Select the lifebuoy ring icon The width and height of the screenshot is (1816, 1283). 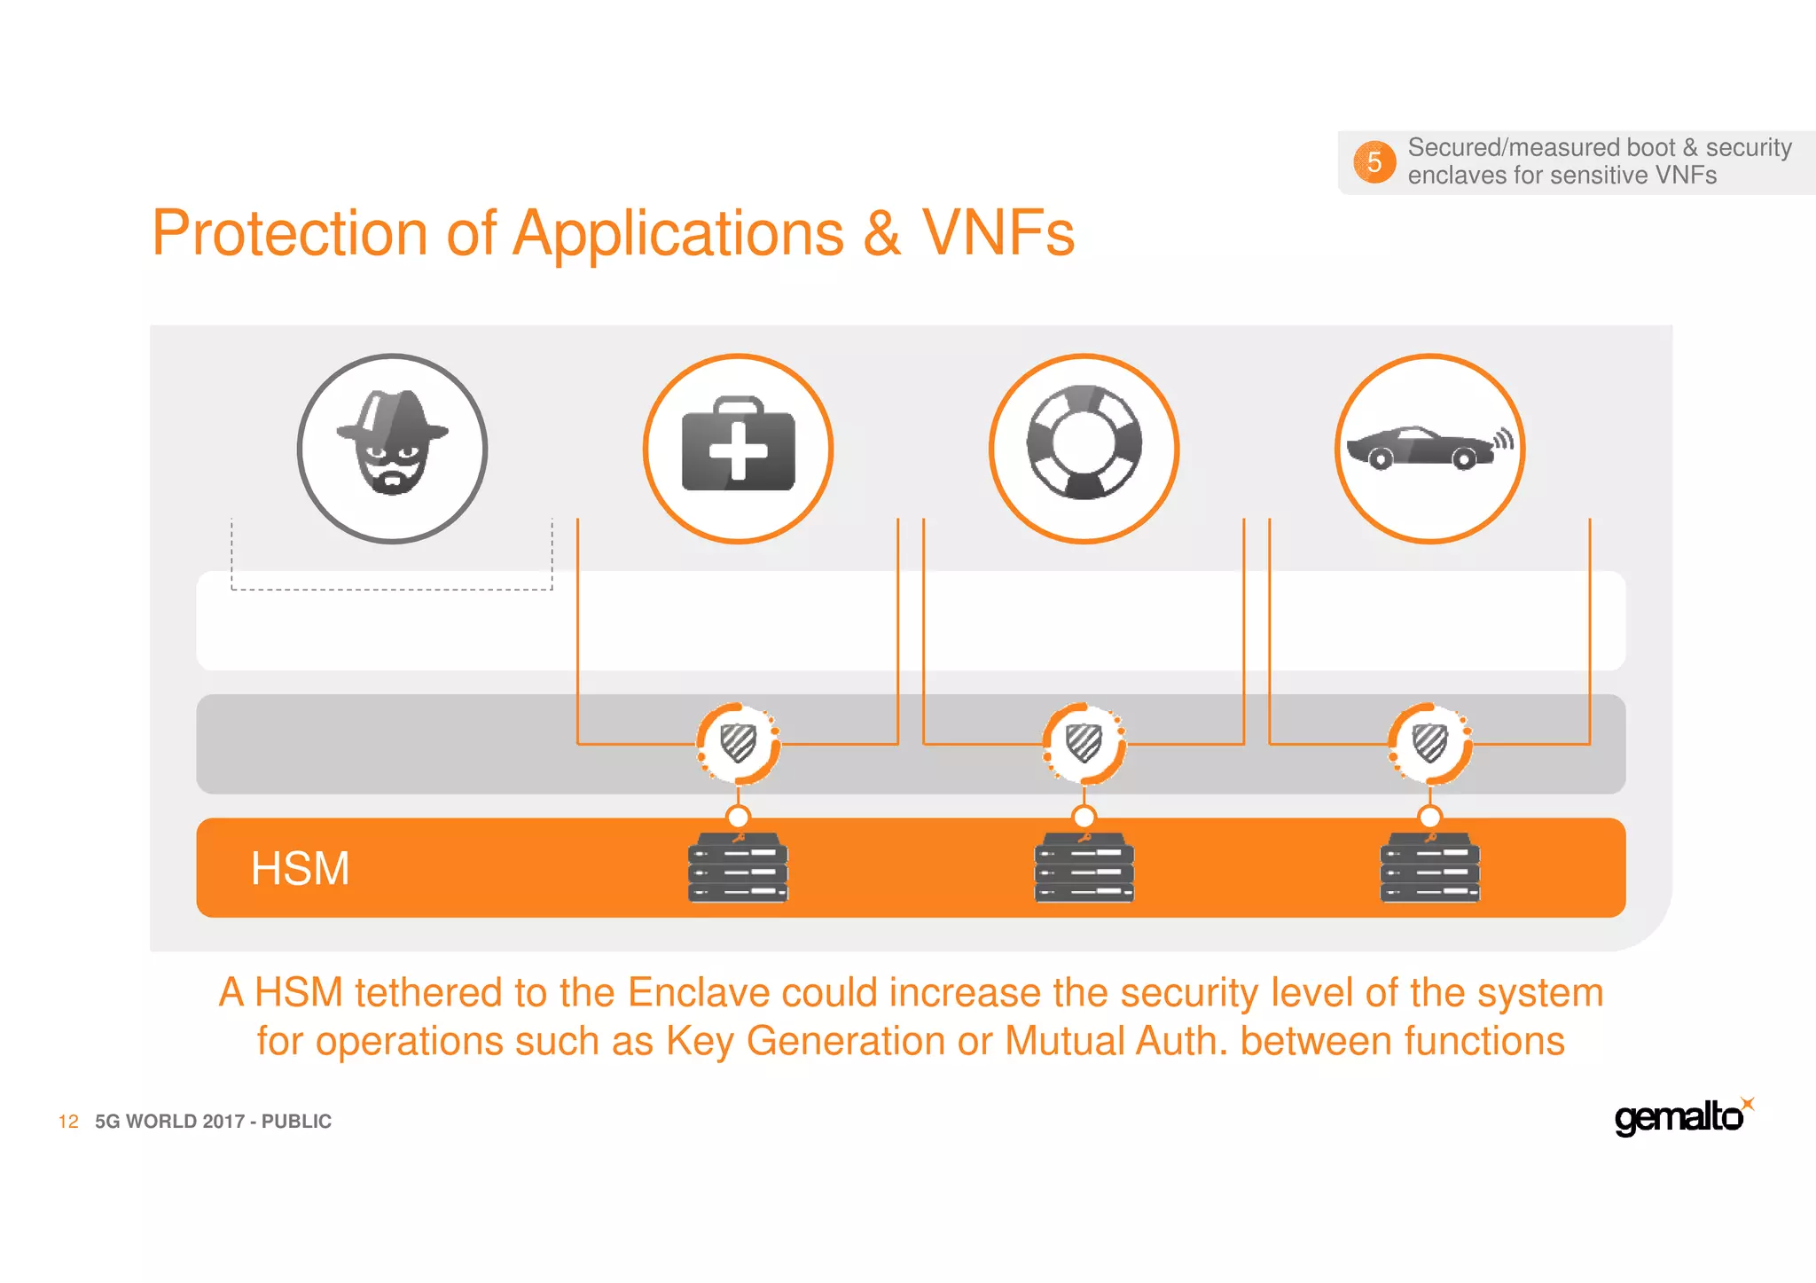pyautogui.click(x=1084, y=443)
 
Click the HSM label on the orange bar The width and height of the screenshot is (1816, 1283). pyautogui.click(x=300, y=868)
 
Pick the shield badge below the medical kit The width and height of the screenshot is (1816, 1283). pyautogui.click(x=738, y=743)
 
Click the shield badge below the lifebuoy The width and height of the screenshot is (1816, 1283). pyautogui.click(x=1084, y=743)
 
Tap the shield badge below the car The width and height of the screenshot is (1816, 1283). pyautogui.click(x=1429, y=743)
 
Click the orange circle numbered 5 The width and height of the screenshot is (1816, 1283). pyautogui.click(x=1374, y=162)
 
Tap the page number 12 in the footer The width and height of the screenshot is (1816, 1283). pyautogui.click(x=68, y=1122)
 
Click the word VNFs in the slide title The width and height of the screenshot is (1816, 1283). pyautogui.click(x=998, y=233)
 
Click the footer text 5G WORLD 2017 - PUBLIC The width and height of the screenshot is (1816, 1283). pyautogui.click(x=213, y=1122)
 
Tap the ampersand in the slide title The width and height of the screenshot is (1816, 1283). pyautogui.click(x=882, y=233)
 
